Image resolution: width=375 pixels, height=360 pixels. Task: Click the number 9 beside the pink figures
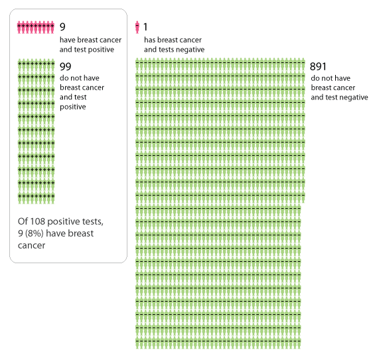[62, 27]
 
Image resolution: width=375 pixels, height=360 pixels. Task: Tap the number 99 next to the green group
[65, 67]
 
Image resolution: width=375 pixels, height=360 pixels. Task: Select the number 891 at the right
[318, 67]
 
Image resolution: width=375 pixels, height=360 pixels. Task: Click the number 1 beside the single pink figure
[145, 27]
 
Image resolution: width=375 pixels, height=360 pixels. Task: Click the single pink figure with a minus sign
[137, 27]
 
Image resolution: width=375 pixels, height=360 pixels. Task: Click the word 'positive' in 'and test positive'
[100, 50]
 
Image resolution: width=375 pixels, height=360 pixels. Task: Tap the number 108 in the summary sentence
[38, 221]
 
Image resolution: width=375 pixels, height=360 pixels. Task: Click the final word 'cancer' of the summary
[32, 245]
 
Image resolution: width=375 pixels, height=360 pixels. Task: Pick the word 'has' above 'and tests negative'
[150, 40]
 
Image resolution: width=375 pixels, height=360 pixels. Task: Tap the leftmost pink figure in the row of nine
[19, 27]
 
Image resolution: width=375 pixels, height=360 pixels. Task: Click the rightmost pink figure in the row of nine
[52, 27]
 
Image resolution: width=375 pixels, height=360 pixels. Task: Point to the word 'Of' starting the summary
[23, 221]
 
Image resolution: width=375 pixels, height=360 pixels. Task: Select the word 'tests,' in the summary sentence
[93, 222]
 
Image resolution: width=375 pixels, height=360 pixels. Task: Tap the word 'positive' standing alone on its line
[73, 107]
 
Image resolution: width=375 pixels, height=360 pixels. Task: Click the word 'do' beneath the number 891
[315, 78]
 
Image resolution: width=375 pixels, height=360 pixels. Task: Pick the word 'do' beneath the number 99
[64, 78]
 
